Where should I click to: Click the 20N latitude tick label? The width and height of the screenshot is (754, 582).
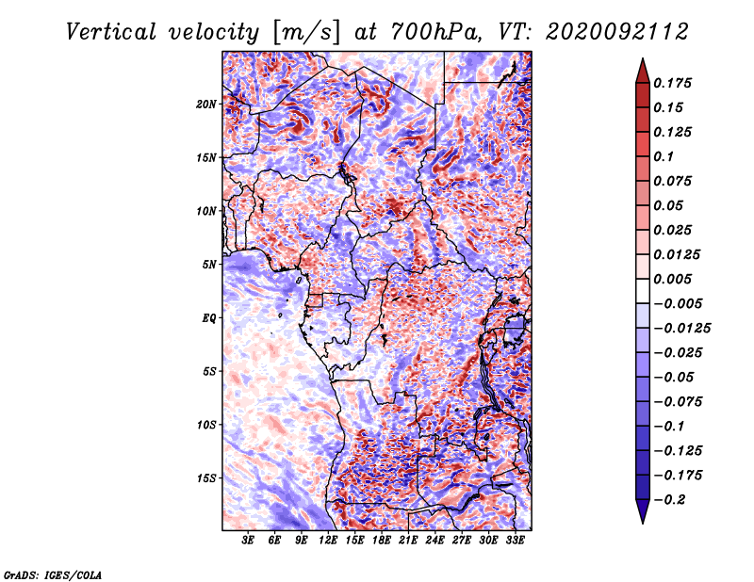(x=205, y=105)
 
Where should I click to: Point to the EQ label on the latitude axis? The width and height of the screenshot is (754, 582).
(x=208, y=318)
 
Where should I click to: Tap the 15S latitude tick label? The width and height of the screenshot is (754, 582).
(x=205, y=478)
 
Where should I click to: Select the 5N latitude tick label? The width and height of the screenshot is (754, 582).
(x=208, y=265)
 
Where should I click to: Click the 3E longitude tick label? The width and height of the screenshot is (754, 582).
(x=248, y=541)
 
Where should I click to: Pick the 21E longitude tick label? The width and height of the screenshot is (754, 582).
(x=408, y=541)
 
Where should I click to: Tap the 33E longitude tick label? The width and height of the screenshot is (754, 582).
(x=515, y=541)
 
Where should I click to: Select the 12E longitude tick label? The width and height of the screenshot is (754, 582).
(x=327, y=541)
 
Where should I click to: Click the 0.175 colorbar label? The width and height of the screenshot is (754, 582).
(x=672, y=83)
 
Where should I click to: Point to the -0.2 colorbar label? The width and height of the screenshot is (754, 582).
(x=670, y=500)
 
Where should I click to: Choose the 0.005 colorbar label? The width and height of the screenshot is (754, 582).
(x=672, y=279)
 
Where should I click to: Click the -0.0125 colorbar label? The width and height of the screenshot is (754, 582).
(x=681, y=329)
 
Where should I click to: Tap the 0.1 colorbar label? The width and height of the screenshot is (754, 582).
(x=664, y=156)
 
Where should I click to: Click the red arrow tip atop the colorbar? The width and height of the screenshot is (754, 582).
(x=643, y=58)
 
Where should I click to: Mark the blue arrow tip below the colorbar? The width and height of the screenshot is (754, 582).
(x=643, y=523)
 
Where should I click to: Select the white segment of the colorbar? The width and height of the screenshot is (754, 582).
(x=643, y=291)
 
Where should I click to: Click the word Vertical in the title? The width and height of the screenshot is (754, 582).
(x=111, y=32)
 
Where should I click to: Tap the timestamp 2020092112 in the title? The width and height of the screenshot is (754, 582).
(x=617, y=32)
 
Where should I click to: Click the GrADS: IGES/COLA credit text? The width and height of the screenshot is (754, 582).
(x=53, y=574)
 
